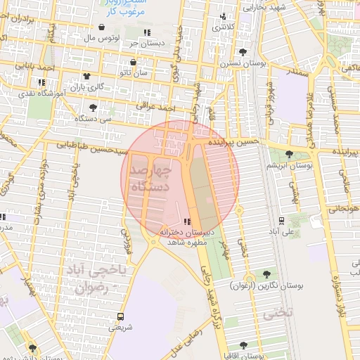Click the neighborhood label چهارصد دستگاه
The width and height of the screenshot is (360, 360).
pyautogui.click(x=155, y=179)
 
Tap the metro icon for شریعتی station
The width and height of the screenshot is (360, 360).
pyautogui.click(x=120, y=316)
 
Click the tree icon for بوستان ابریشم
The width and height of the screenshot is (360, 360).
pyautogui.click(x=290, y=155)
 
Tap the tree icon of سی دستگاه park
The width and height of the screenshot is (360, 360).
pyautogui.click(x=94, y=108)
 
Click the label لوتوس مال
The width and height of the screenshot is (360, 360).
pyautogui.click(x=106, y=37)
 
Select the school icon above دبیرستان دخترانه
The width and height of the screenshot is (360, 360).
pyautogui.click(x=186, y=221)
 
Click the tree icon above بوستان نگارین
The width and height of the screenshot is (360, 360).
pyautogui.click(x=266, y=275)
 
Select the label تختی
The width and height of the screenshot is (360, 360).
pyautogui.click(x=276, y=314)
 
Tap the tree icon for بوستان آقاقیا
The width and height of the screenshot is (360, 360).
pyautogui.click(x=243, y=345)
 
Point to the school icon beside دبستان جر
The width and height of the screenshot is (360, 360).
pyautogui.click(x=147, y=33)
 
